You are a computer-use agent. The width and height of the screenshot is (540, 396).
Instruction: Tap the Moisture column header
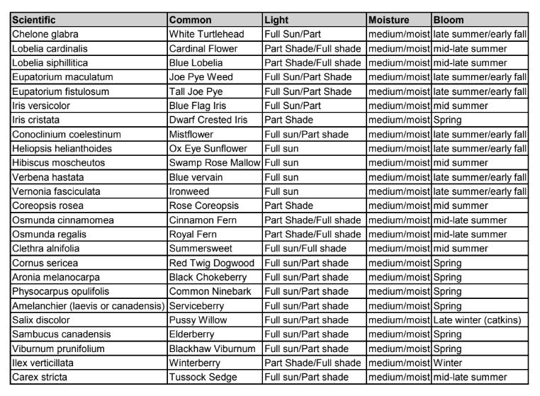388,19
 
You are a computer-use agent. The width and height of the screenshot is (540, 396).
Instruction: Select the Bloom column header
448,19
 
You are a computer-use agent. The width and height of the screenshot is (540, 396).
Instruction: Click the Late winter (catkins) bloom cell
477,319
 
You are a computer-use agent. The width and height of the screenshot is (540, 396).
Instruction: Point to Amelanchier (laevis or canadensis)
89,305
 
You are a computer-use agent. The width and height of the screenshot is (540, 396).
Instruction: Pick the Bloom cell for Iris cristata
447,120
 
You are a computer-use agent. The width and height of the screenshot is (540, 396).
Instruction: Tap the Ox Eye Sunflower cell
208,148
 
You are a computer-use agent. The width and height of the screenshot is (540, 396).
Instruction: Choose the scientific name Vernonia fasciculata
55,191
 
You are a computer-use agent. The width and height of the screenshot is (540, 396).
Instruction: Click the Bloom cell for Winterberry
447,362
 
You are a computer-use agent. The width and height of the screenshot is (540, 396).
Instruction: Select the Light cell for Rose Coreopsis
290,205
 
